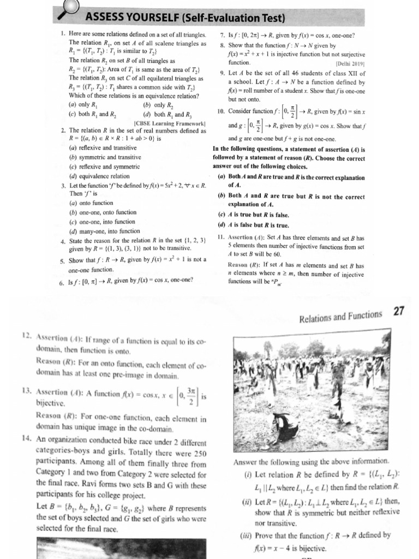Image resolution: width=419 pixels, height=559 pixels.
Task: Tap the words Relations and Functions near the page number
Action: pos(341,315)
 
